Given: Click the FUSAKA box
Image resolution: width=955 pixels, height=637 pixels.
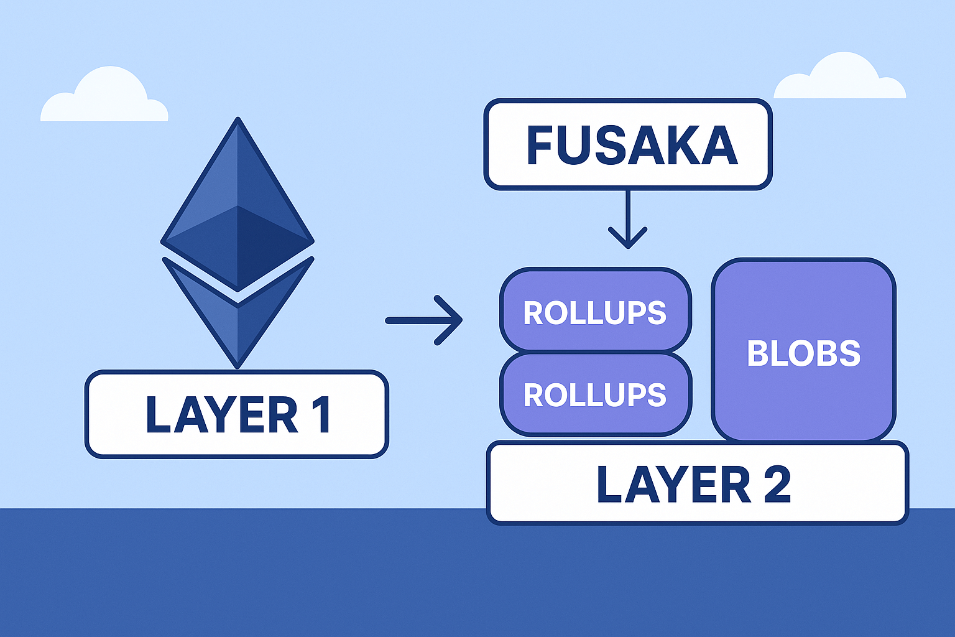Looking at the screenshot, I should (x=628, y=144).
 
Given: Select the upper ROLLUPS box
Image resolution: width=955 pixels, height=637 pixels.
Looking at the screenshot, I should (x=595, y=311).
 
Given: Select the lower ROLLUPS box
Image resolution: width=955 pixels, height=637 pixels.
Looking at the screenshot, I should (x=595, y=394).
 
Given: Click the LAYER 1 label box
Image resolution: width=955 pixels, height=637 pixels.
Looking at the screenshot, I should (x=237, y=414).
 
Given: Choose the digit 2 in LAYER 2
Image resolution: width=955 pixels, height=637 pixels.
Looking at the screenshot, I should (x=777, y=484).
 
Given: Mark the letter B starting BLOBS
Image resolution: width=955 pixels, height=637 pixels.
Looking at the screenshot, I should (x=757, y=353).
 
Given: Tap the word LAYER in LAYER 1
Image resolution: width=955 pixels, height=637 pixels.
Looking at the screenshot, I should (x=221, y=414).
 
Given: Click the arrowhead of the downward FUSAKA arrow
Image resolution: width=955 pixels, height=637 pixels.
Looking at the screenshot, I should (x=628, y=239).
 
